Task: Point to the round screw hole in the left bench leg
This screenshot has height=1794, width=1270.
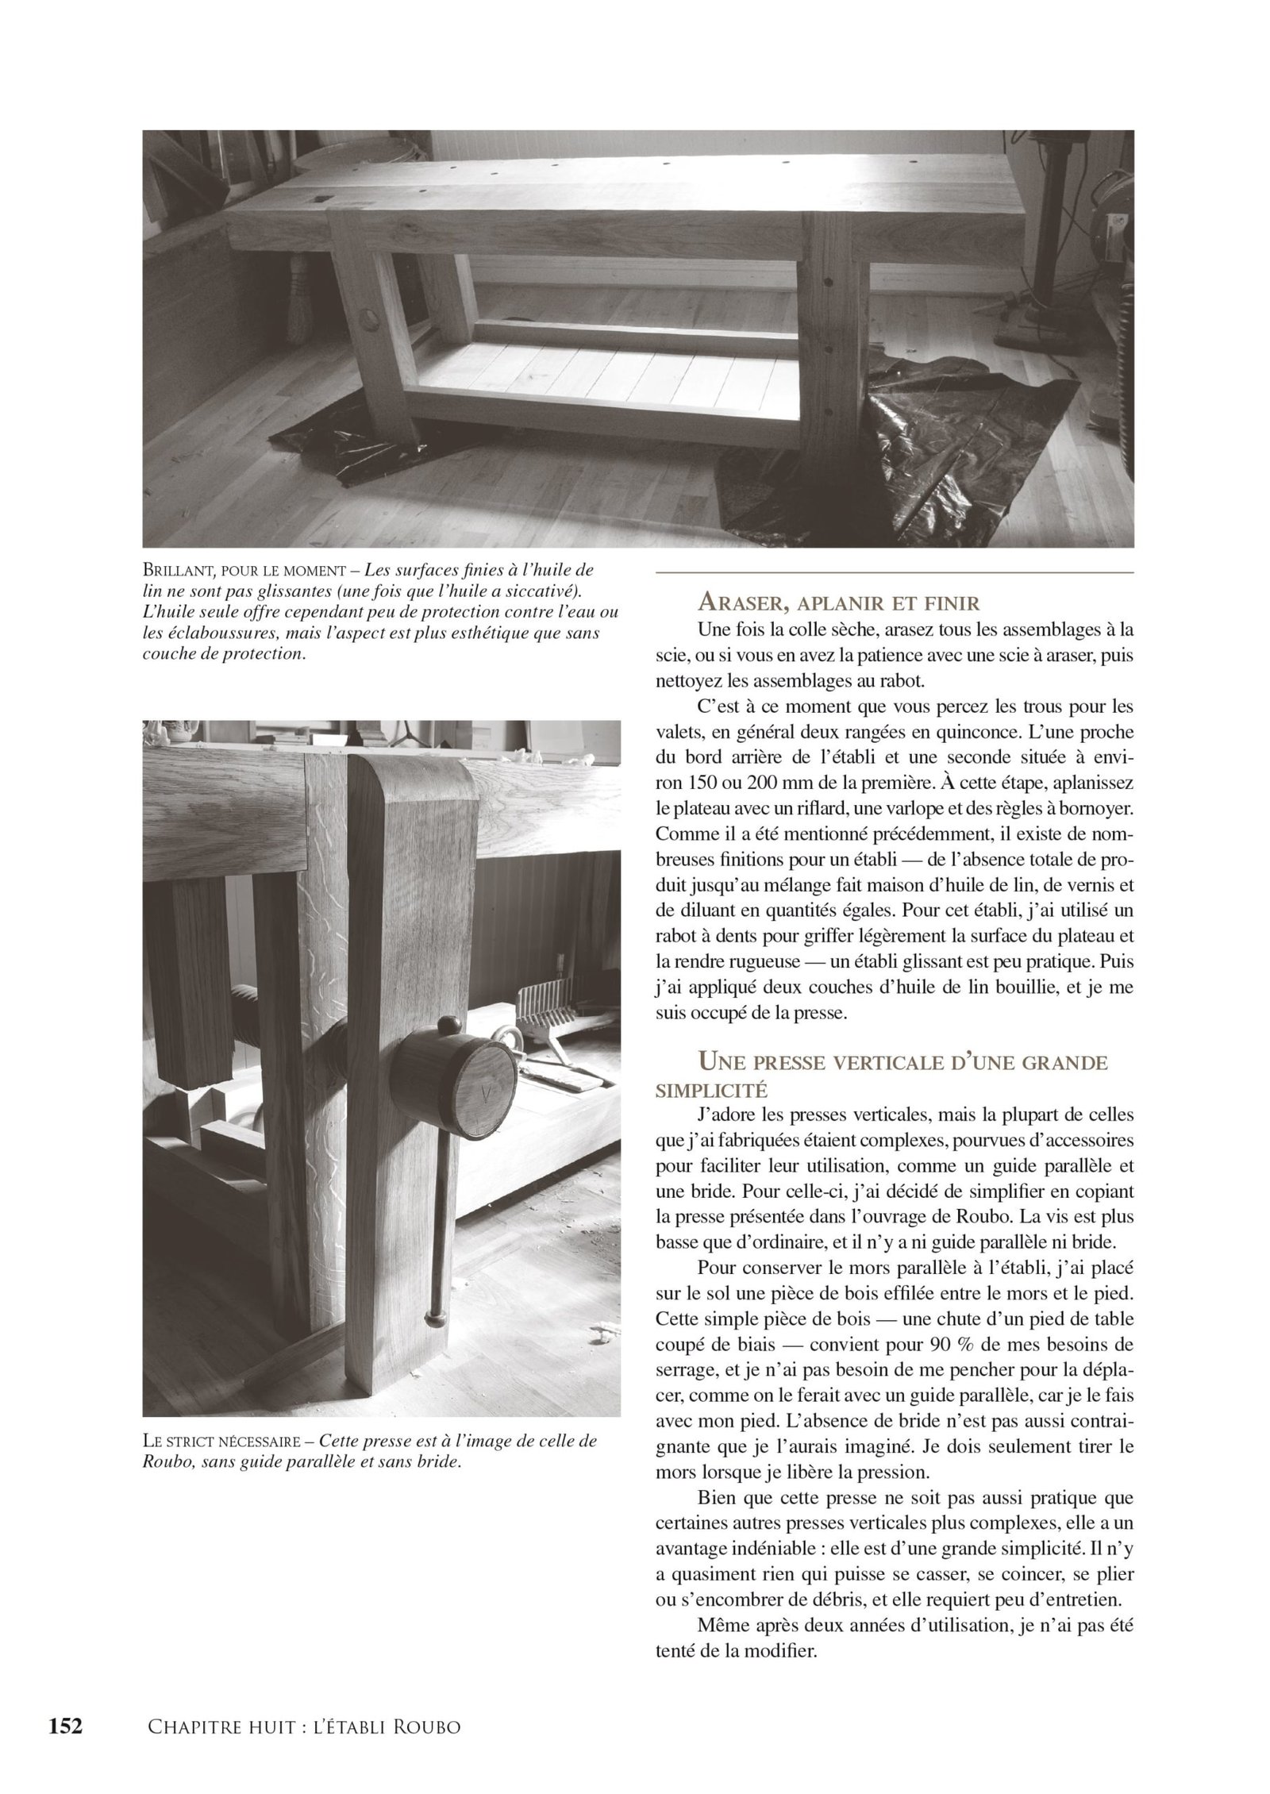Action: click(368, 318)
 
